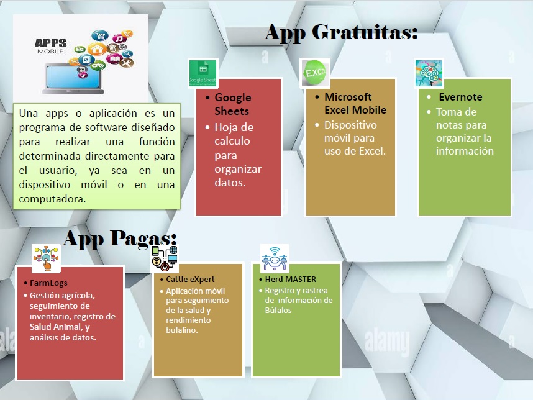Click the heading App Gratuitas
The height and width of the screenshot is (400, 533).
pyautogui.click(x=341, y=34)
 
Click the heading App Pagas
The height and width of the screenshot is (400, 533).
pyautogui.click(x=120, y=239)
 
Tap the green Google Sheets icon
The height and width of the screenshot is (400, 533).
pyautogui.click(x=203, y=73)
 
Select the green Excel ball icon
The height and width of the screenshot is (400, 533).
pyautogui.click(x=315, y=73)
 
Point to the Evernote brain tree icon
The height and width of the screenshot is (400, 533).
pyautogui.click(x=429, y=73)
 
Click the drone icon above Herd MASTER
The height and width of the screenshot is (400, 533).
pyautogui.click(x=275, y=258)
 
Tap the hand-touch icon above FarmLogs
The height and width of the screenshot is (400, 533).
pyautogui.click(x=46, y=258)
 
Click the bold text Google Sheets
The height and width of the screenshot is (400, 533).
pyautogui.click(x=233, y=104)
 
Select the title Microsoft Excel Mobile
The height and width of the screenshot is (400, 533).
pyautogui.click(x=355, y=103)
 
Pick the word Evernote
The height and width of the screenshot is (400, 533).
pyautogui.click(x=460, y=97)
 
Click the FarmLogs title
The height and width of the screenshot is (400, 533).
pyautogui.click(x=48, y=283)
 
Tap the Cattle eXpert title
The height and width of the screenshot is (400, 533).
pyautogui.click(x=190, y=279)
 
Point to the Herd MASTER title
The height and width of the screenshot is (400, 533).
pyautogui.click(x=291, y=279)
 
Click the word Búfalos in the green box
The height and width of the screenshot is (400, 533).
pyautogui.click(x=278, y=310)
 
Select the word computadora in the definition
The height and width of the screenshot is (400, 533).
pyautogui.click(x=52, y=199)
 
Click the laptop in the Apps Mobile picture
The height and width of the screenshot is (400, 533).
pyautogui.click(x=73, y=78)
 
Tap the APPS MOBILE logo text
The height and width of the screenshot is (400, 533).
pyautogui.click(x=51, y=46)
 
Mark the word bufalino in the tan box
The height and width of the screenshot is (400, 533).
pyautogui.click(x=182, y=330)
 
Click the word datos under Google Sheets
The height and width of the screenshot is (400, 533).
pyautogui.click(x=230, y=183)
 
